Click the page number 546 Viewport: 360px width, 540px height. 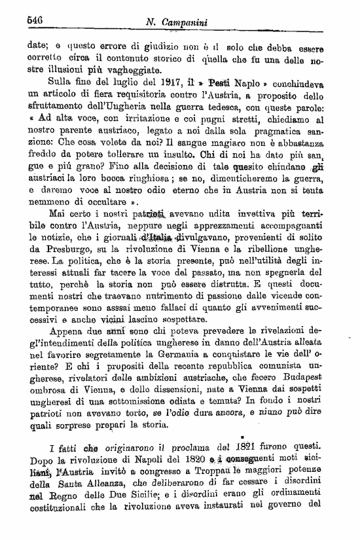coord(34,20)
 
